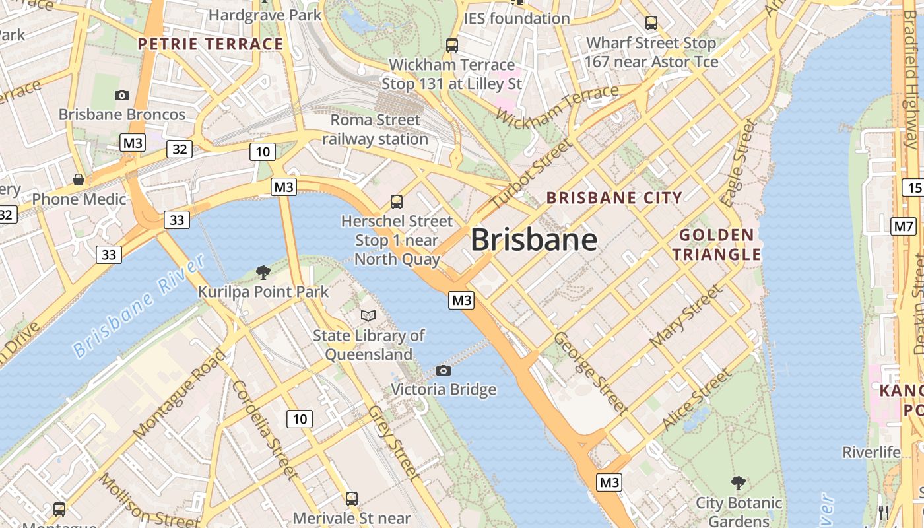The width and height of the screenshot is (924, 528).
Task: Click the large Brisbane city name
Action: click(x=534, y=240)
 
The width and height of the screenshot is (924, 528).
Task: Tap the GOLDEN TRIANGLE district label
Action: click(x=720, y=245)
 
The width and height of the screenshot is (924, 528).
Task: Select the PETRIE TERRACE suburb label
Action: click(x=211, y=44)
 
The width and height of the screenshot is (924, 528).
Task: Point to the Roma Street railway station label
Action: click(x=375, y=129)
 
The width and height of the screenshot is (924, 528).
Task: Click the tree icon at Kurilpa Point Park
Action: click(x=263, y=272)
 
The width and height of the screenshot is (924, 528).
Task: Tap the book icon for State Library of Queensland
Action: click(x=368, y=316)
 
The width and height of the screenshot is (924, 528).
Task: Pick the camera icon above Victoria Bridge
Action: click(x=444, y=370)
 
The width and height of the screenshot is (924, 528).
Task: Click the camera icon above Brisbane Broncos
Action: click(x=122, y=95)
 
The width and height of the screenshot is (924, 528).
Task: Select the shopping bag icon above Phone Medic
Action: click(x=79, y=180)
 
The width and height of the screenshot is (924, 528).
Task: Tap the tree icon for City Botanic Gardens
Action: click(x=739, y=483)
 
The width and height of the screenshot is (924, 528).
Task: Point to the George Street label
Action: click(x=591, y=373)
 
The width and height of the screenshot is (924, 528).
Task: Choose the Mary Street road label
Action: click(x=686, y=317)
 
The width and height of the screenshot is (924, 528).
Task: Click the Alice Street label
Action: click(x=697, y=398)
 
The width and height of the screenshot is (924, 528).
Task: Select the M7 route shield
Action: click(x=904, y=227)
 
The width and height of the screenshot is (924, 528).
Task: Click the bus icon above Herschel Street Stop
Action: click(x=397, y=201)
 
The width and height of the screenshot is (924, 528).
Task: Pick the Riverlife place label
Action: click(x=871, y=452)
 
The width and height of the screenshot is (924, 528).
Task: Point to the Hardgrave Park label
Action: click(x=265, y=15)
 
